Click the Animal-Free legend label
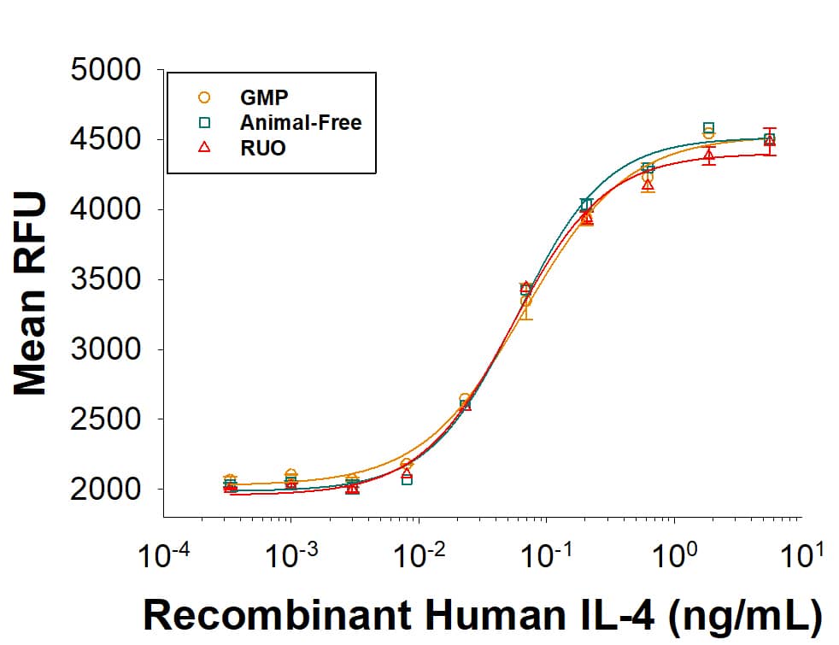301,122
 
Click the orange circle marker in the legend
204,97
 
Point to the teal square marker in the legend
204,122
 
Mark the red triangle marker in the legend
204,148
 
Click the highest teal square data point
708,127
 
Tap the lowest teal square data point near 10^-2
408,480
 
